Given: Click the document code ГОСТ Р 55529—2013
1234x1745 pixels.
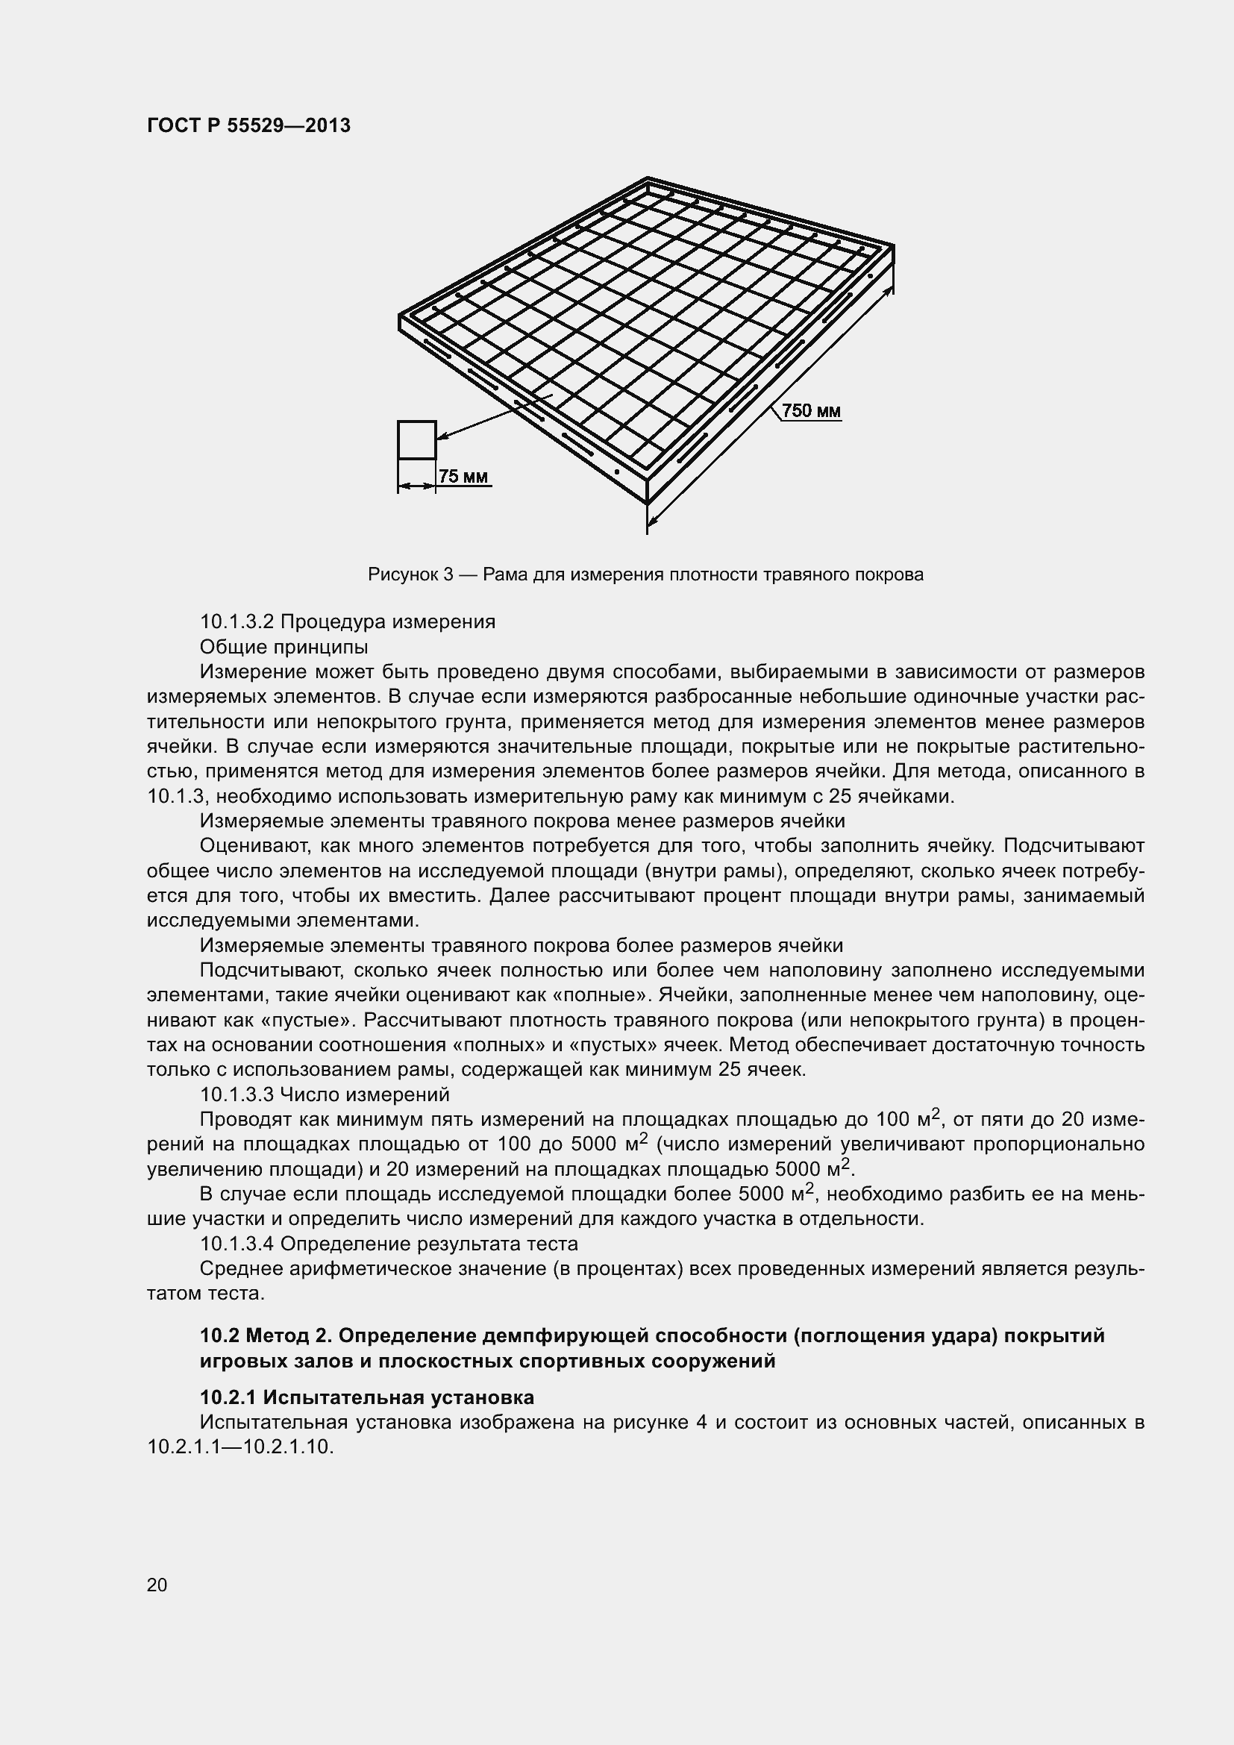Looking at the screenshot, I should (248, 126).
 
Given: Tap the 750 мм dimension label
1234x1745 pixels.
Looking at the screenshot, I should (811, 411).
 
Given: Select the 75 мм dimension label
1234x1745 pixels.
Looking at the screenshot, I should (462, 477).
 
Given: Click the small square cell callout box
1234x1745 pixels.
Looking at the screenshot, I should (416, 440).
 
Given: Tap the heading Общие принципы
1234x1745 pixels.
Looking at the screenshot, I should (284, 647).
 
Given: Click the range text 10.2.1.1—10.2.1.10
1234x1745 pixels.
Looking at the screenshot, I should (241, 1447).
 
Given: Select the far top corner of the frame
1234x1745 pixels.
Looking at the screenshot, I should (647, 179).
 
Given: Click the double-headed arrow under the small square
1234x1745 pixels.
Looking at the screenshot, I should (416, 485).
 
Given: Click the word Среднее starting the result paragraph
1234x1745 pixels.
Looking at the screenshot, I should (239, 1268).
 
